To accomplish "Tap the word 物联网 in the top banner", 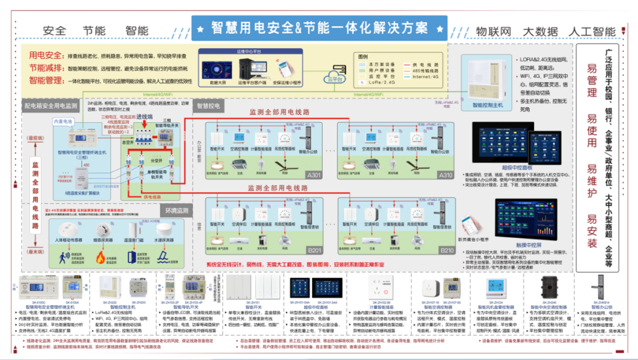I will (x=493, y=31).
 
